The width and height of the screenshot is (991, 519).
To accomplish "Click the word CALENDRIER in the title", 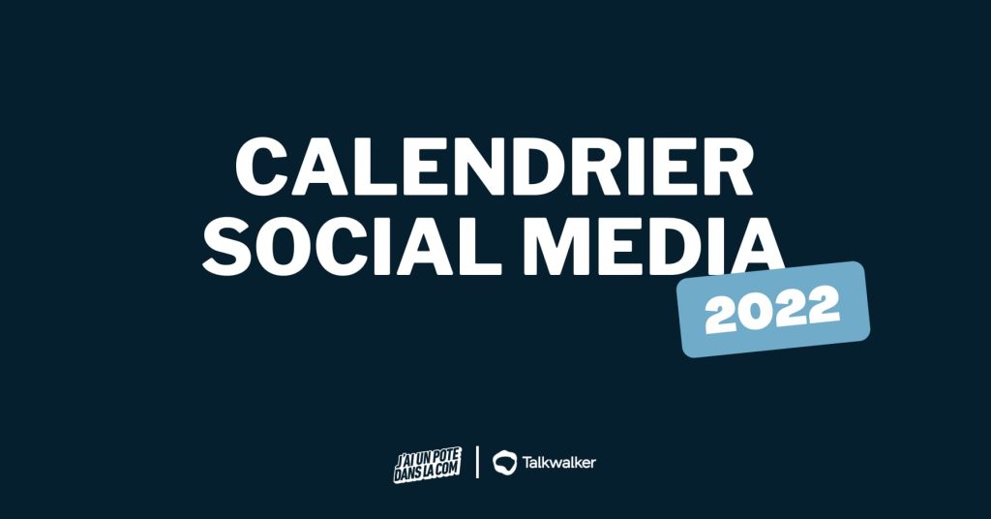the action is tap(495, 168).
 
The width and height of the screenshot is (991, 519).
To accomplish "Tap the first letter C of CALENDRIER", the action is tap(261, 168).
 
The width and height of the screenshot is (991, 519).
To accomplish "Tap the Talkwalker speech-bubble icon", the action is tap(504, 462).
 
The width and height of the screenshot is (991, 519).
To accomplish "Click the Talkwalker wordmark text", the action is tap(558, 462).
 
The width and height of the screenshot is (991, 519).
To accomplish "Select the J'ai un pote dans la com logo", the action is tap(427, 465).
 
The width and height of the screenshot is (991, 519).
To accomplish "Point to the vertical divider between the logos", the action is tap(477, 462).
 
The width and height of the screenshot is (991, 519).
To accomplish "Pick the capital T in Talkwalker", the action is tap(526, 463).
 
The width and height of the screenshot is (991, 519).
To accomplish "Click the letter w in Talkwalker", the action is tap(557, 465).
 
